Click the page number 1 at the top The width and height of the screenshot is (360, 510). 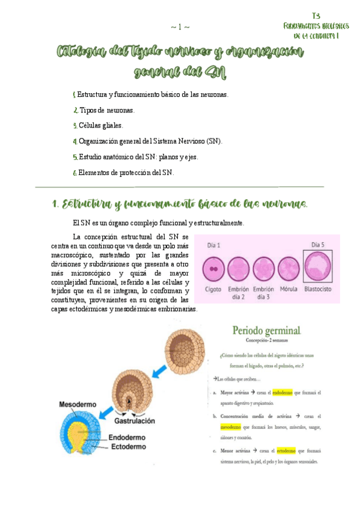[180, 26]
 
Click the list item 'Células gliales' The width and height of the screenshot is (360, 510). [100, 126]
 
